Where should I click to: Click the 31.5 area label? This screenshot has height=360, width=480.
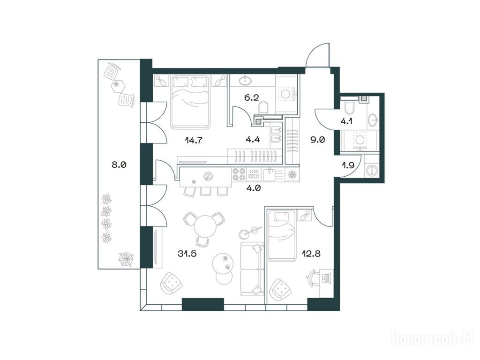[x=187, y=254]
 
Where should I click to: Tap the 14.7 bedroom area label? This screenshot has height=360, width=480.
[x=194, y=140]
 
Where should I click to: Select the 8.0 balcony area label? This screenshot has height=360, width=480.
[x=119, y=165]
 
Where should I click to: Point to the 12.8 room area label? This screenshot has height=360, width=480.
[x=311, y=254]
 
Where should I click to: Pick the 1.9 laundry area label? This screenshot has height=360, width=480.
[x=348, y=165]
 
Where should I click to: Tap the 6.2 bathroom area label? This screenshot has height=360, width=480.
[x=251, y=97]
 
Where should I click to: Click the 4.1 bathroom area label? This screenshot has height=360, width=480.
[x=346, y=121]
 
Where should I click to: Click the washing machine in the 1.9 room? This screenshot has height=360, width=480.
[x=372, y=170]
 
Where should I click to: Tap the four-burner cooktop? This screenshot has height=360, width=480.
[x=239, y=174]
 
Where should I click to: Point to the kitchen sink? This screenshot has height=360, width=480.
[x=270, y=174]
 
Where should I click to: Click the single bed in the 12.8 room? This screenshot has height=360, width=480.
[x=282, y=236]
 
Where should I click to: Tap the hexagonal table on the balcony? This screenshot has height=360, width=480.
[x=118, y=85]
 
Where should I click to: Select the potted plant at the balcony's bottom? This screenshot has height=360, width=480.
[x=126, y=259]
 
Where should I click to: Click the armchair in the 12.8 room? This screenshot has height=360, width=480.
[x=281, y=290]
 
